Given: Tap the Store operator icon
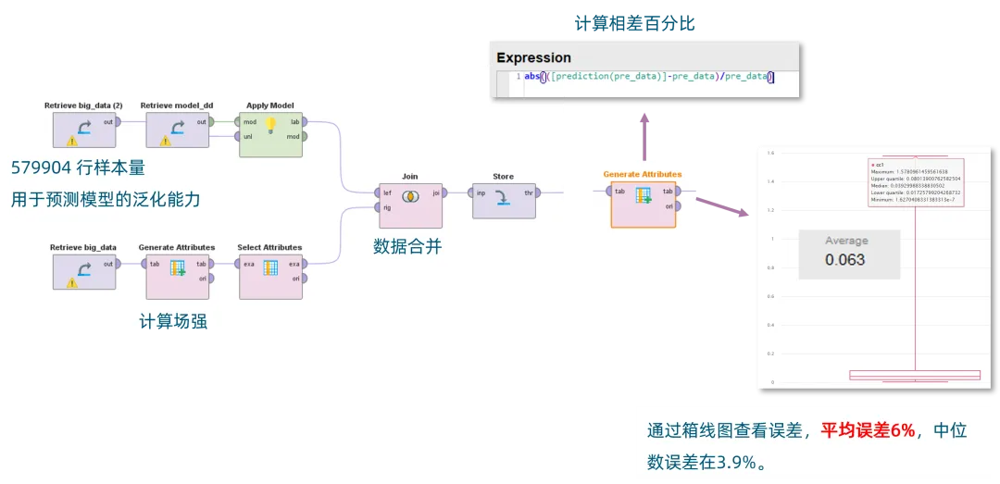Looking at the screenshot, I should [x=503, y=199].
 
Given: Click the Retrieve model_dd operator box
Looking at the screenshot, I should [x=176, y=129].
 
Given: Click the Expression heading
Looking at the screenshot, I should [x=533, y=57].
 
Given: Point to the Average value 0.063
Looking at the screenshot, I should [x=844, y=260].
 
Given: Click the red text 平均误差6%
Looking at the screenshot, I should [x=868, y=430].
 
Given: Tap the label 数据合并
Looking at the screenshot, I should [x=407, y=246].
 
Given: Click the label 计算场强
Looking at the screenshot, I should [x=173, y=322].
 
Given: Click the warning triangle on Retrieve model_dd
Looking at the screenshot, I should [x=166, y=141].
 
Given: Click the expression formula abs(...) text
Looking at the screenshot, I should [x=648, y=77].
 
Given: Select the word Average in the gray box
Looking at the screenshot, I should [x=846, y=241].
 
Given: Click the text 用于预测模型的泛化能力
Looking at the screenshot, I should [x=106, y=199].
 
